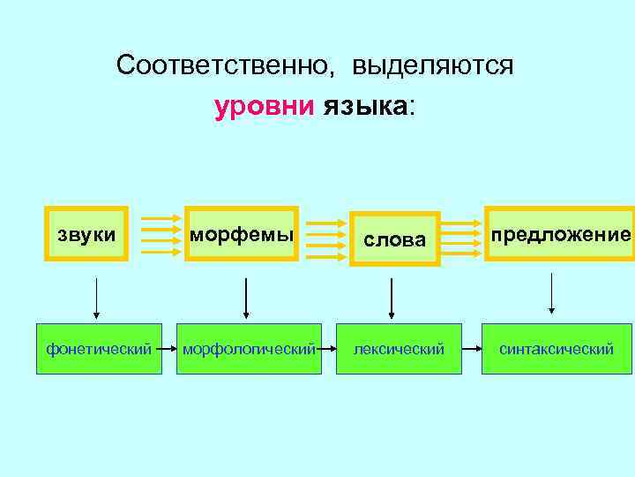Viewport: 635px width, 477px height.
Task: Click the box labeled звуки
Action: pos(86,234)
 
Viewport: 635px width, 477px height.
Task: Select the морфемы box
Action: pos(240,234)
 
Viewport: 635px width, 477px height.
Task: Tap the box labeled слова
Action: pos(394,239)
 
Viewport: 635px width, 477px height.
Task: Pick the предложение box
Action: pos(561,234)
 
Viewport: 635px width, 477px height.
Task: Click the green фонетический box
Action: pos(99,349)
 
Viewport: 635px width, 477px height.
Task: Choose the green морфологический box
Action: pos(249,349)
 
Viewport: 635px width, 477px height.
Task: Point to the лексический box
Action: pos(399,349)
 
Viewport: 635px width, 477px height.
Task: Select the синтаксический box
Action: pos(557,349)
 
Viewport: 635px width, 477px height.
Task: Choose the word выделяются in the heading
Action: pos(433,66)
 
